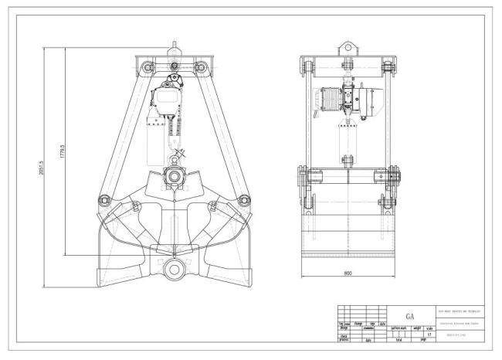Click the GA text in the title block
[410, 315]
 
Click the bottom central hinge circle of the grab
[172, 272]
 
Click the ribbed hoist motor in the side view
[328, 100]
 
